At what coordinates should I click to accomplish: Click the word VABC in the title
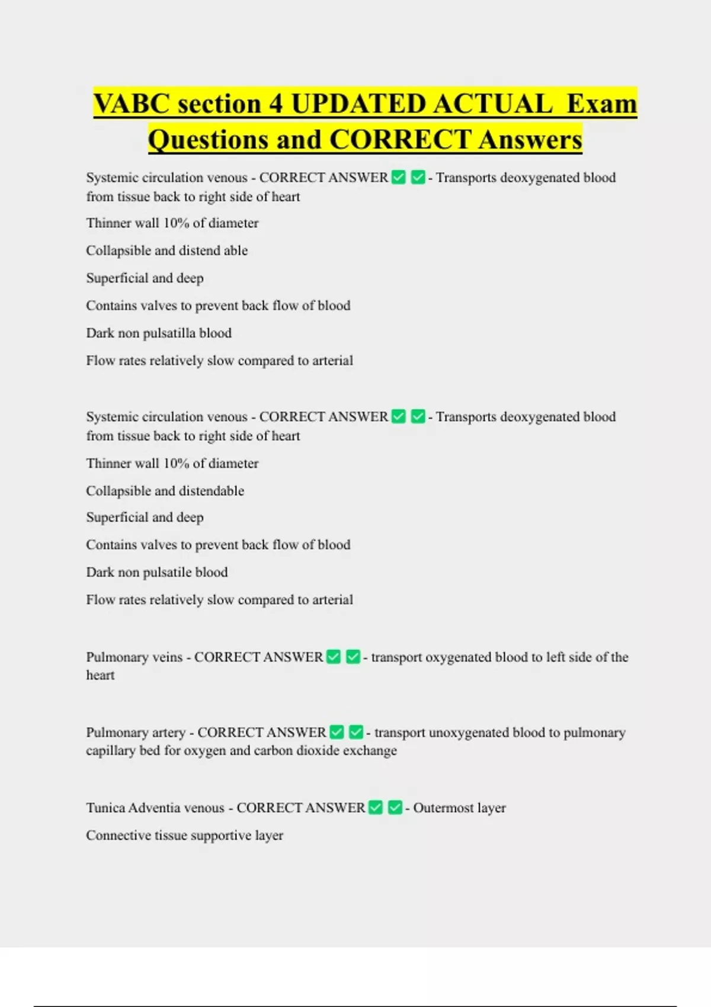132,104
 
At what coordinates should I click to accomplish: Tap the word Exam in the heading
601,104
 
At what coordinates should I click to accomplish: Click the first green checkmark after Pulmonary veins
334,657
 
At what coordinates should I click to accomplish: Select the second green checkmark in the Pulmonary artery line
356,732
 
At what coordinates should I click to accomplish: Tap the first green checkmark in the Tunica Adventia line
376,807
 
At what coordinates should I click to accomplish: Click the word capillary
111,751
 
